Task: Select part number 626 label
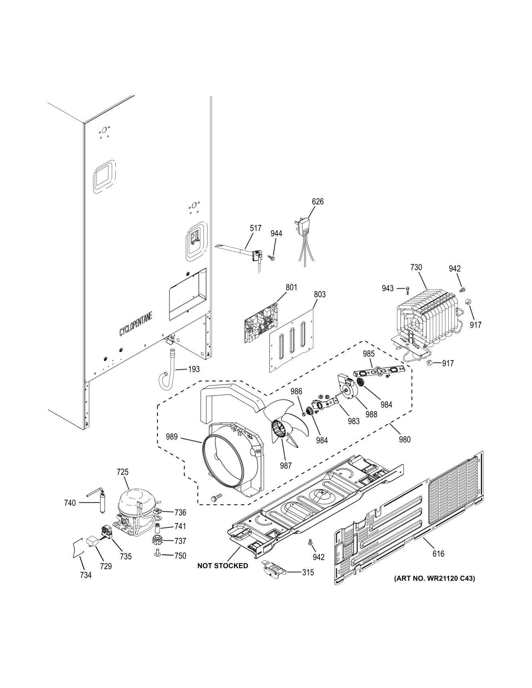317,202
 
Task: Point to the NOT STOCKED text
222,566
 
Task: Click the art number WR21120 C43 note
434,578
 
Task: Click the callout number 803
319,295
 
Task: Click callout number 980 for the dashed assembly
405,439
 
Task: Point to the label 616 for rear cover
438,554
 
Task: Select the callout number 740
70,503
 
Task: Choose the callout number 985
369,353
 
